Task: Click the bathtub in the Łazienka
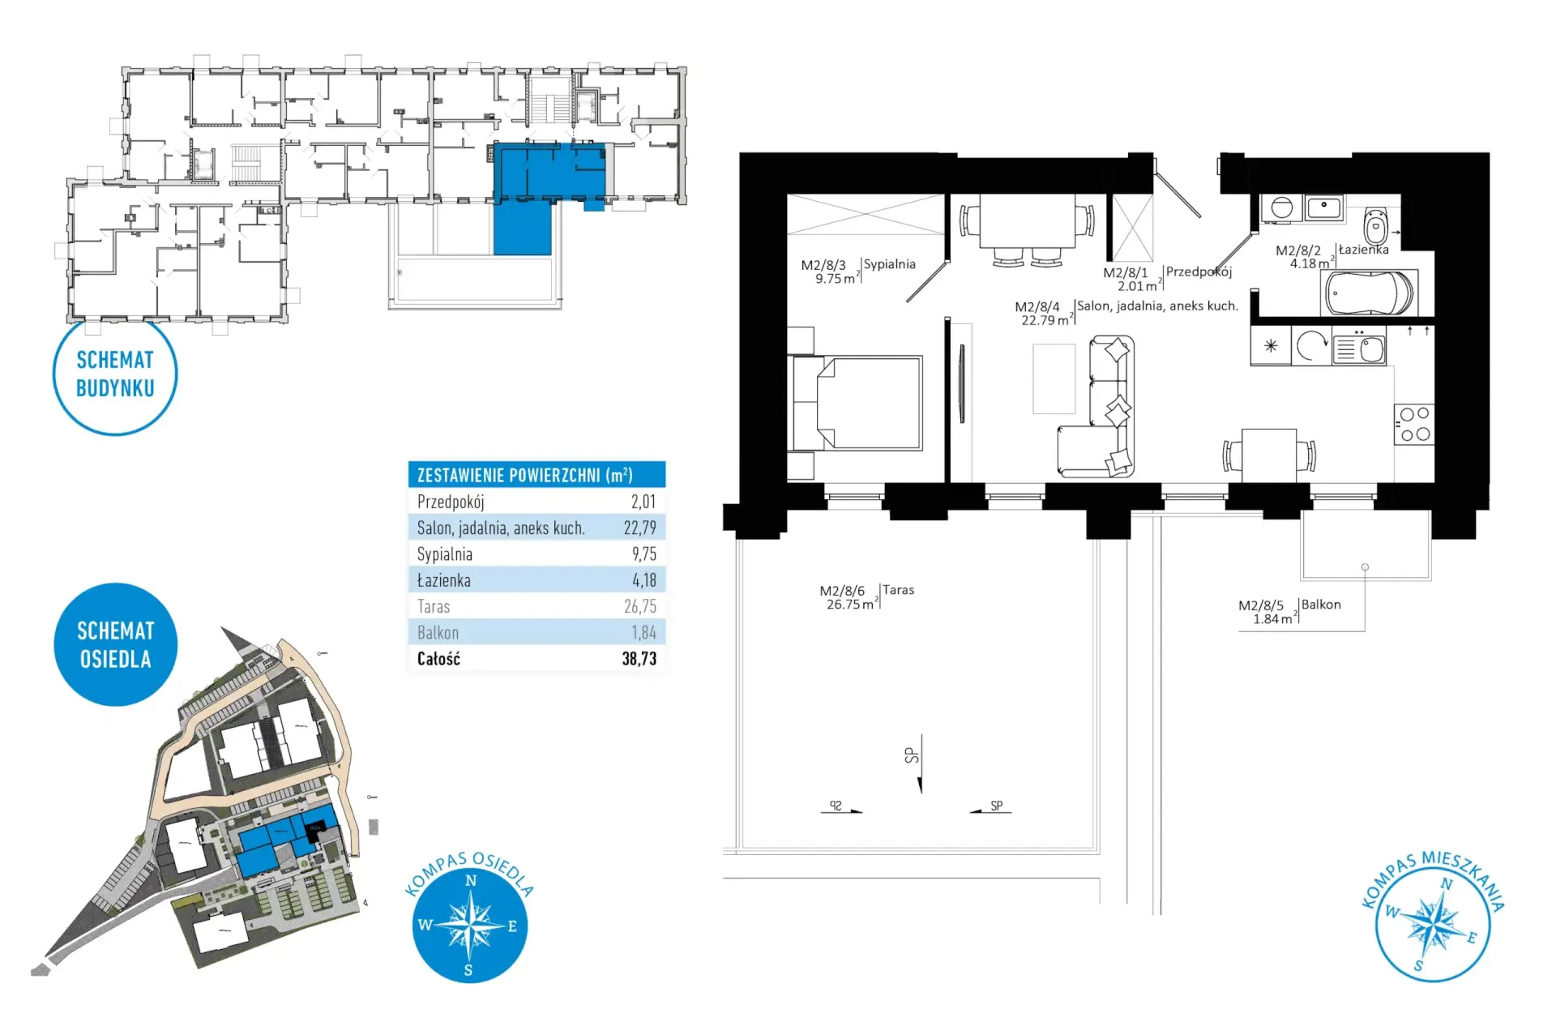[1369, 292]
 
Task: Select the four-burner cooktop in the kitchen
[1413, 424]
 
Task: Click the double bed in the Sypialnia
[857, 403]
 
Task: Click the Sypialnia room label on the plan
[889, 264]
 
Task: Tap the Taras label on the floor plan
[898, 590]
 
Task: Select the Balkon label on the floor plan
[1321, 605]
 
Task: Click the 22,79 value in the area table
[639, 528]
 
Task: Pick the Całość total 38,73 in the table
[639, 659]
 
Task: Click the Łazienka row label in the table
[443, 580]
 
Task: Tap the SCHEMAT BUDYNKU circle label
[115, 374]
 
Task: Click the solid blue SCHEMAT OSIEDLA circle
[115, 644]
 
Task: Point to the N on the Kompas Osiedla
[471, 881]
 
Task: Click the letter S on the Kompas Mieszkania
[1418, 966]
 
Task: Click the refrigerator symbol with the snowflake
[1271, 346]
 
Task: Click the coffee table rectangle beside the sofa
[1054, 379]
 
